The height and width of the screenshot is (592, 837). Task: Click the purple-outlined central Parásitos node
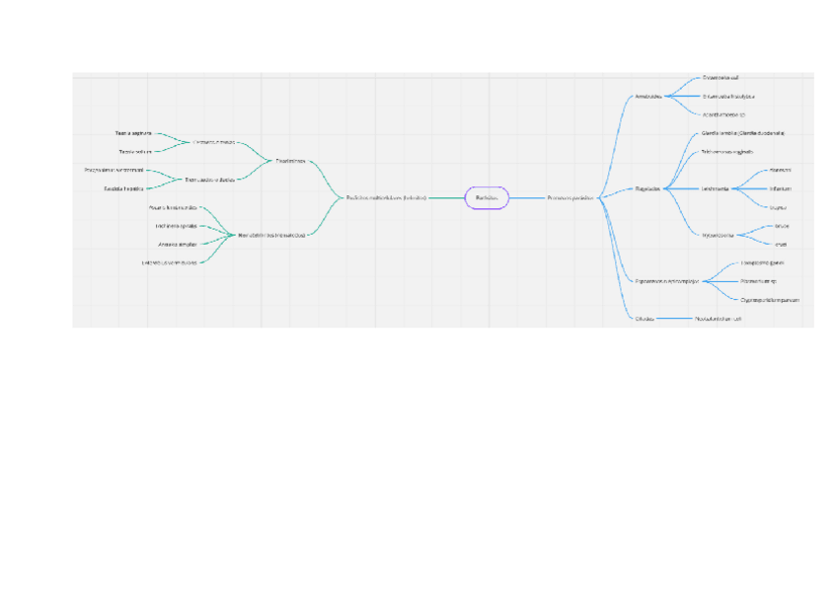coord(486,197)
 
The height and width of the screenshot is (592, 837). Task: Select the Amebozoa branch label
coord(648,96)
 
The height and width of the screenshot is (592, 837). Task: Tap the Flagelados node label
coord(648,187)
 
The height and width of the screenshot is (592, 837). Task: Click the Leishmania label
coord(715,187)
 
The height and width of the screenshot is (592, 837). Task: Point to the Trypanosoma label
coord(718,235)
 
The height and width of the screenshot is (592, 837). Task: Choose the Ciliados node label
coord(645,319)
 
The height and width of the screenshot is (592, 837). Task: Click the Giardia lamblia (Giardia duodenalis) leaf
coord(742,132)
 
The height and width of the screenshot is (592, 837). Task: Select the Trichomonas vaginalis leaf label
coord(726,152)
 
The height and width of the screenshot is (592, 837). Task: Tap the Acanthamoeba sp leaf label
coord(723,114)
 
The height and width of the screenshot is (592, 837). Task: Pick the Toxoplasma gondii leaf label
coord(762,263)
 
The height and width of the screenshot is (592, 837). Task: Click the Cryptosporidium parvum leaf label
coord(769,299)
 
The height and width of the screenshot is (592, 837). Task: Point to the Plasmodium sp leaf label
coord(759,281)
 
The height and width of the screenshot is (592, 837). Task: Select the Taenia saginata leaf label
coord(133,133)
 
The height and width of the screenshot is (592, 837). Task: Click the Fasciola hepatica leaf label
coord(124,187)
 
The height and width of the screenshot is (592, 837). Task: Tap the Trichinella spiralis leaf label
coord(175,225)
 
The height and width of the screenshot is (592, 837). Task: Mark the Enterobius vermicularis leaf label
coord(170,261)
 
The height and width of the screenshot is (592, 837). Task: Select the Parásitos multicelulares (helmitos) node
coord(386,197)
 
